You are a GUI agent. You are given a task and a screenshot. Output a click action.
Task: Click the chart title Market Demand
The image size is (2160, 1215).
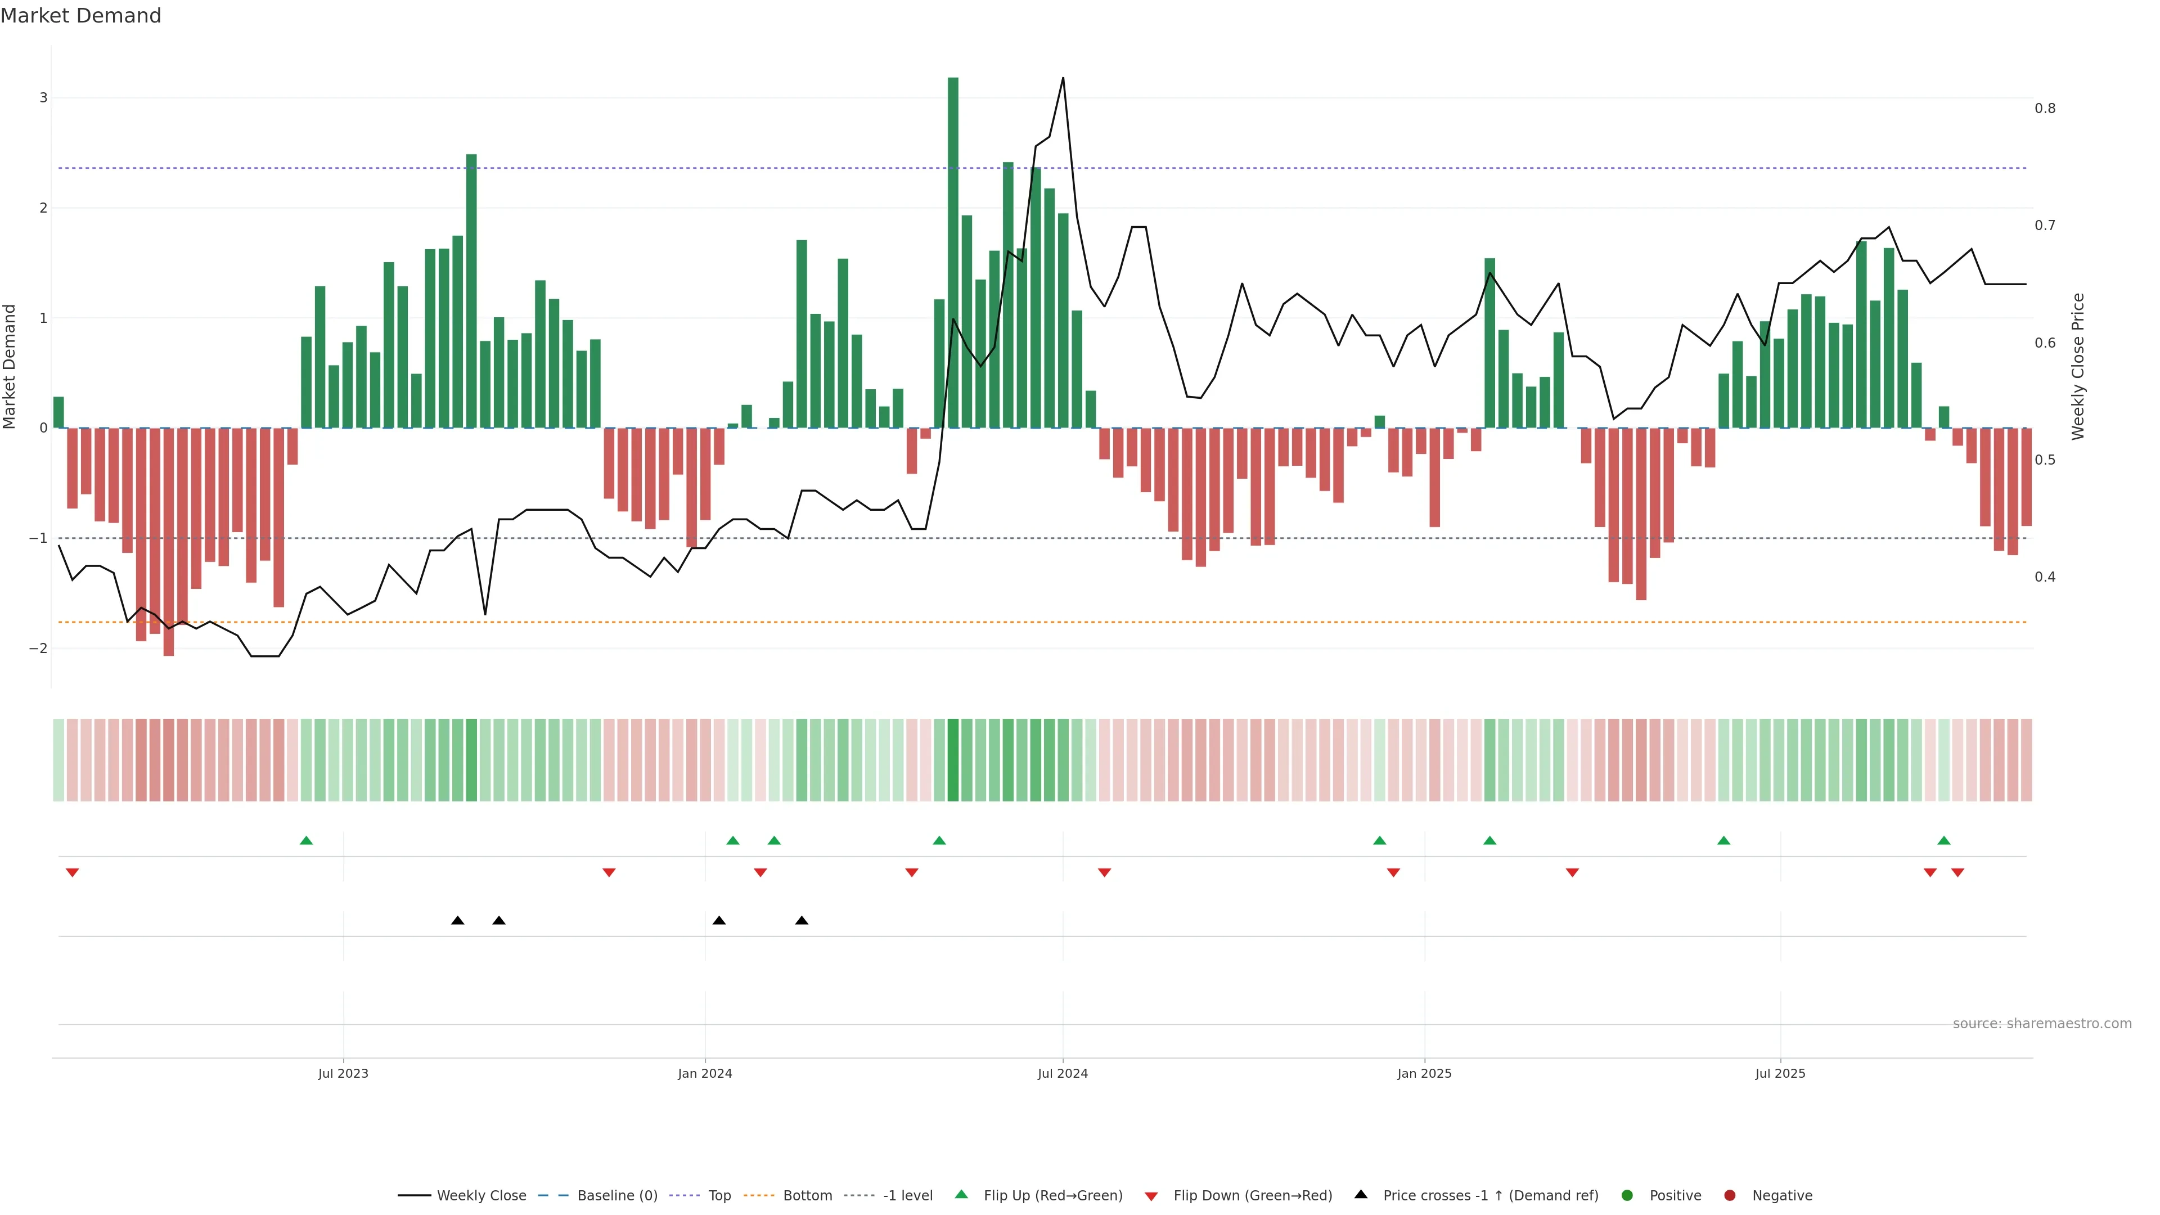(x=80, y=16)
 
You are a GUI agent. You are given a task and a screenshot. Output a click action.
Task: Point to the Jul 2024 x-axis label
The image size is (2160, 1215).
(x=1063, y=1073)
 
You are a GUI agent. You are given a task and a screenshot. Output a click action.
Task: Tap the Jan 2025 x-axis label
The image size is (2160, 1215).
(x=1424, y=1073)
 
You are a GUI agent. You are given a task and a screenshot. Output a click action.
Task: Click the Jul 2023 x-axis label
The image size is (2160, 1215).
(x=343, y=1073)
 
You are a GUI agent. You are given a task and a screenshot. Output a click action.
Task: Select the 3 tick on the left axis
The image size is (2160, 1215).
(x=44, y=98)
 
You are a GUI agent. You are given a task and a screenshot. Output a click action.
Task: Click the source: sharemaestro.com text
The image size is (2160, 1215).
(x=2042, y=1024)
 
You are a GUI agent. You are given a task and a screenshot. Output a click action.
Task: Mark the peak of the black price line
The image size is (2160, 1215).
(x=1063, y=78)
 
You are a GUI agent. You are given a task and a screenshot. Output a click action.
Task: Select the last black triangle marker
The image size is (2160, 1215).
(x=802, y=921)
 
